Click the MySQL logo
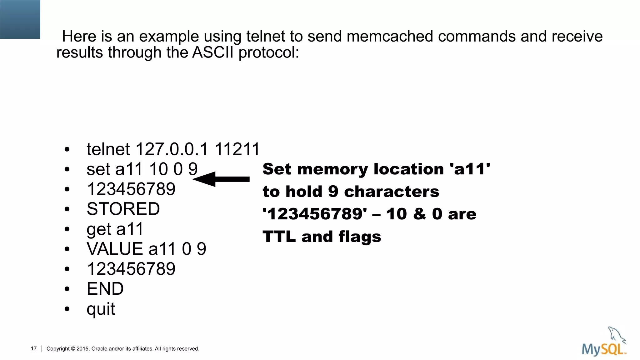[604, 342]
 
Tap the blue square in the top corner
[20, 19]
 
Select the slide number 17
[34, 348]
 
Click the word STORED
[123, 209]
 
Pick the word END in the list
[105, 289]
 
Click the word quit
[101, 309]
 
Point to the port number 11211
[237, 149]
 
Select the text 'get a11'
[115, 229]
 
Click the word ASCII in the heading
[212, 52]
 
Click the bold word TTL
[279, 236]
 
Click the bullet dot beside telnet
[67, 150]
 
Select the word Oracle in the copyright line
[99, 348]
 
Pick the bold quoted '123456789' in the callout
[315, 214]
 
